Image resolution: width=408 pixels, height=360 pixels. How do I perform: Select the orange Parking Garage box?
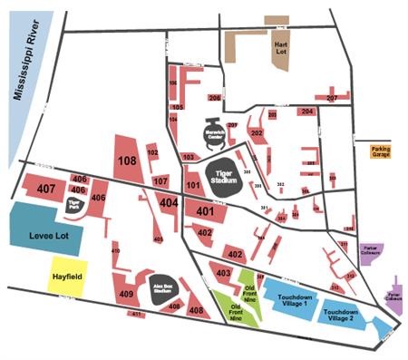381,151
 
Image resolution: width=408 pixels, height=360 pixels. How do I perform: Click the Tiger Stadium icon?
223,174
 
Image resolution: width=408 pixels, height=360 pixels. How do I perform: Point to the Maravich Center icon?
215,136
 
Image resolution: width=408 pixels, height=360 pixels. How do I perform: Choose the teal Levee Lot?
45,232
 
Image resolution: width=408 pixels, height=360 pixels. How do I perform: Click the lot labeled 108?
127,161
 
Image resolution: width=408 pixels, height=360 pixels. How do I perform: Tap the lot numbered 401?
204,211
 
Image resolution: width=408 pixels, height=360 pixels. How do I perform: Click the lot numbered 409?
126,293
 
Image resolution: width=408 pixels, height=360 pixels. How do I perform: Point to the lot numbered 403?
221,271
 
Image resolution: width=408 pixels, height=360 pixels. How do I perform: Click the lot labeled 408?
196,310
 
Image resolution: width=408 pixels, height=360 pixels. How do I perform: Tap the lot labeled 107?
160,181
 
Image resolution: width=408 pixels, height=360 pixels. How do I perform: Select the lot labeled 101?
192,187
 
